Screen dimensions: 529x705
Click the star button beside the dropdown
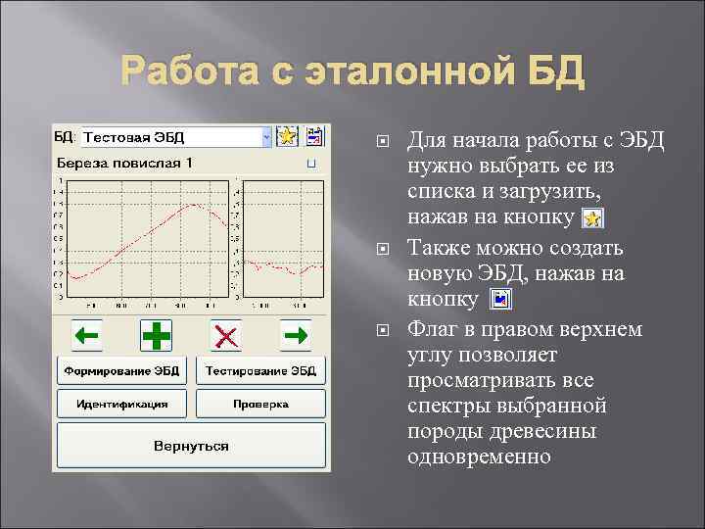pyautogui.click(x=287, y=137)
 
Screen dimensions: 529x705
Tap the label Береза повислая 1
pyautogui.click(x=124, y=162)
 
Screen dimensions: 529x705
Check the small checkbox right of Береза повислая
pyautogui.click(x=311, y=163)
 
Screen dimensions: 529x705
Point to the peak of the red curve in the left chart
pyautogui.click(x=197, y=205)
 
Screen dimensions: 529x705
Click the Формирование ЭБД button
pyautogui.click(x=122, y=371)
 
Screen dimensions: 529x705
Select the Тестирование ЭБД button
pyautogui.click(x=261, y=371)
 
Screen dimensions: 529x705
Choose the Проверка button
pyautogui.click(x=261, y=404)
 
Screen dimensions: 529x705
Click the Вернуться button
pyautogui.click(x=192, y=446)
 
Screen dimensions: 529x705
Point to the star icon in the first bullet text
pyautogui.click(x=592, y=217)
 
